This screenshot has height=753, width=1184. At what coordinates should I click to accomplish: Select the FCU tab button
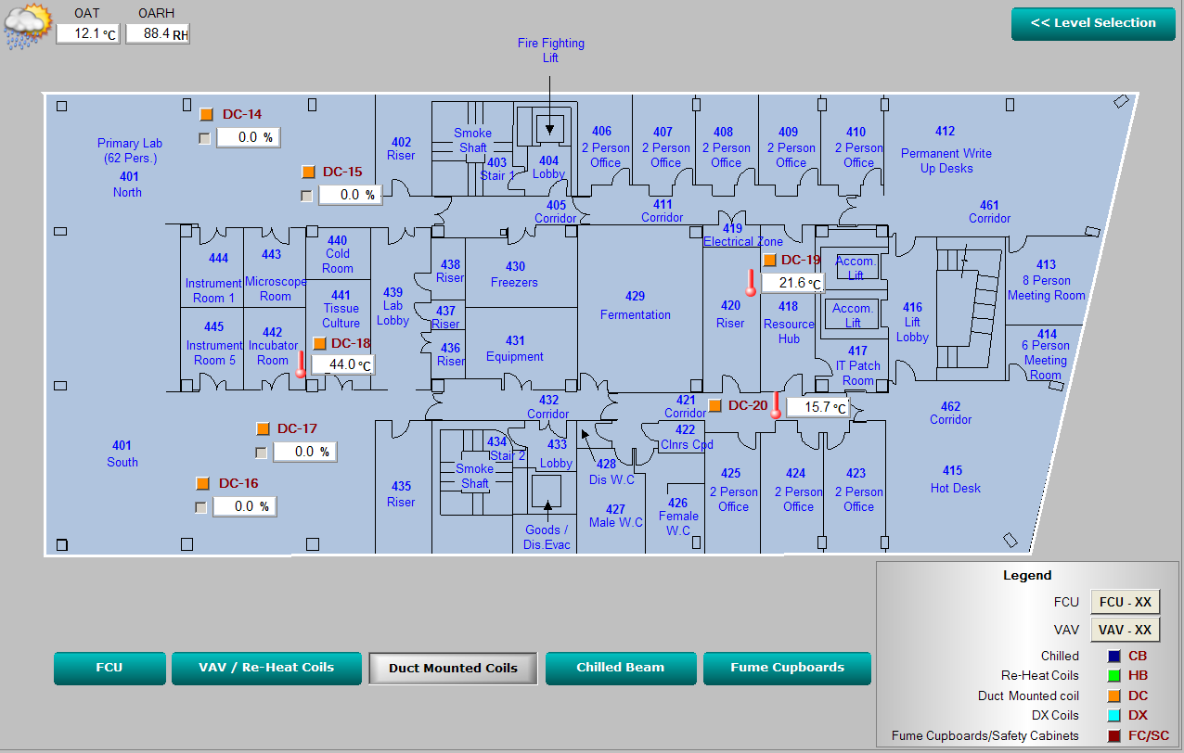[x=109, y=668]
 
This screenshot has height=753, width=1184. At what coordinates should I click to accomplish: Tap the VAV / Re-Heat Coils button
[x=266, y=668]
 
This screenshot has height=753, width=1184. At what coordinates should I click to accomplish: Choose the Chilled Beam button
[x=620, y=668]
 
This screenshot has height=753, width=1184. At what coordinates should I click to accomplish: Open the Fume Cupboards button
[x=787, y=668]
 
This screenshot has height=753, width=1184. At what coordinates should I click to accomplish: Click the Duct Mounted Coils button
[x=453, y=669]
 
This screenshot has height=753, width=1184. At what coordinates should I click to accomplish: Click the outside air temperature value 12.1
[x=87, y=33]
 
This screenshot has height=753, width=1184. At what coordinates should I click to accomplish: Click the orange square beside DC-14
[x=206, y=114]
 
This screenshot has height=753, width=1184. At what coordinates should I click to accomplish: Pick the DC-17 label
[x=297, y=428]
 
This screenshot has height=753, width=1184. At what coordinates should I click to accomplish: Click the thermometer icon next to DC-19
[x=751, y=282]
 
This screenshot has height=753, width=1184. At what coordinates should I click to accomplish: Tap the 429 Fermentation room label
[x=635, y=305]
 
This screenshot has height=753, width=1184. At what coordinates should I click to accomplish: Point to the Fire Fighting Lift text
[x=550, y=50]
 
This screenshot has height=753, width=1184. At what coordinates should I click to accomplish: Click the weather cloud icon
[x=27, y=25]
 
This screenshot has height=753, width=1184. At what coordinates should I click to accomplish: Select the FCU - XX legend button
[x=1125, y=602]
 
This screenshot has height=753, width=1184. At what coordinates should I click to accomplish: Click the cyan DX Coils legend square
[x=1113, y=715]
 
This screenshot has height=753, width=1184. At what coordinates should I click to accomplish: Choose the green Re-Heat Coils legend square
[x=1113, y=675]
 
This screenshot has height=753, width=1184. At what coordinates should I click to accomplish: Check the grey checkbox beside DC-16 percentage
[x=200, y=507]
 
